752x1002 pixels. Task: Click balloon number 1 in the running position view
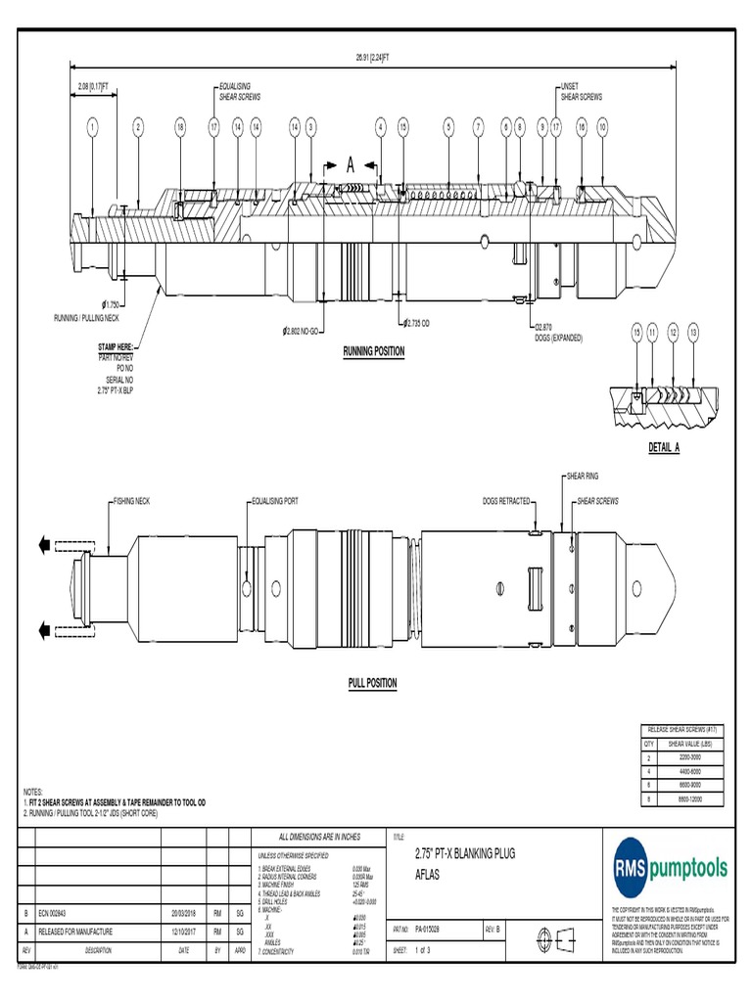92,126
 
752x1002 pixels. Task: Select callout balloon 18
180,126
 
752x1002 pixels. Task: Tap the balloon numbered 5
448,126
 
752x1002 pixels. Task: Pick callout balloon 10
602,126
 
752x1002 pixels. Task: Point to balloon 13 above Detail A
694,334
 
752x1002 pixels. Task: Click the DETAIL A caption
664,447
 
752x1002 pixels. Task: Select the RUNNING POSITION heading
373,350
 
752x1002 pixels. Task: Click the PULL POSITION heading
373,683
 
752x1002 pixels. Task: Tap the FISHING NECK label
129,501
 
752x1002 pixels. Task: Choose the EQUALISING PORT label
275,501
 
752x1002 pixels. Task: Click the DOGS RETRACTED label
505,501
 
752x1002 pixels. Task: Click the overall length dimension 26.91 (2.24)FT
373,57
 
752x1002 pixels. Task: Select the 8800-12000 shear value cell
691,799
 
